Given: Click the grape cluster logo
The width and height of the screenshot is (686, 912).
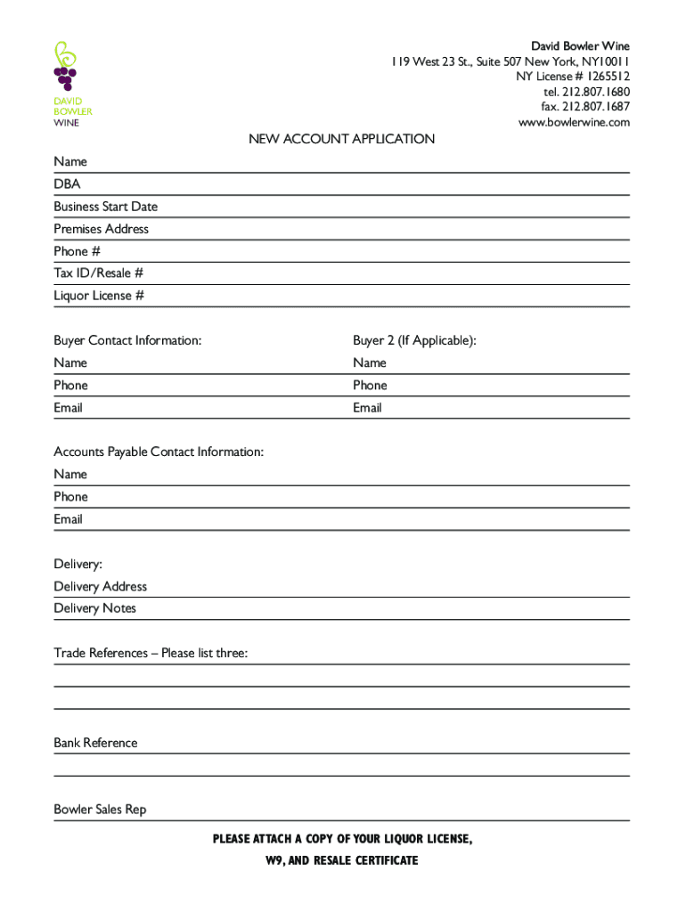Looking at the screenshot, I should coord(65,68).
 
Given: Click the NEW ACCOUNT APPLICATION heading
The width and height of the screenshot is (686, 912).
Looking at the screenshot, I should coord(341,139).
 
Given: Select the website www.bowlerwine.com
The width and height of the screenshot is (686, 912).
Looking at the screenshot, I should coord(574,122).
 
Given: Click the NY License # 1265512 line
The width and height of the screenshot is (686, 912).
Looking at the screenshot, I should coord(573,77).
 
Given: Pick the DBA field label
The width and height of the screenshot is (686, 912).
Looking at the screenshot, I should coord(67,184).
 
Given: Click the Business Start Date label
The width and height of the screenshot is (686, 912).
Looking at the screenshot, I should coord(105,207).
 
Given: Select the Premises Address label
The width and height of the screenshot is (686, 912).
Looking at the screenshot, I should coord(101,229).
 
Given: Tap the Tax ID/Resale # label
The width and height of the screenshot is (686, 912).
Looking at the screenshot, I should coord(98,273).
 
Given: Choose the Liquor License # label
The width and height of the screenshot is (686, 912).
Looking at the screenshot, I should coord(98,296).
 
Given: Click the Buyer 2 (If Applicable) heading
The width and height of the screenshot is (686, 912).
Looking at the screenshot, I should coord(414,340).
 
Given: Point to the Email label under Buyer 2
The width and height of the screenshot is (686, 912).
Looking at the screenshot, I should coord(367,408).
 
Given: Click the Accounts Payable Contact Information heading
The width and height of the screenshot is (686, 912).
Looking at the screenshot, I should coord(159,452).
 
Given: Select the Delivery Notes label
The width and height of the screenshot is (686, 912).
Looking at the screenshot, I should coord(94,608).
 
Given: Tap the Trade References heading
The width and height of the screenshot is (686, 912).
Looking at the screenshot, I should coord(151,654).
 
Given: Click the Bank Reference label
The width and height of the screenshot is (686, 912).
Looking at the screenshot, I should coord(95,743).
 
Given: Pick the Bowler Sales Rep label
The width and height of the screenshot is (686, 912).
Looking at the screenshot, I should coord(100,810).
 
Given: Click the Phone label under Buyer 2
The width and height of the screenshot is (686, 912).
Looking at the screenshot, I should coord(370,386).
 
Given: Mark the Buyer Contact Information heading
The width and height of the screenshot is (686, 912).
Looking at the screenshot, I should coord(127,340).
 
